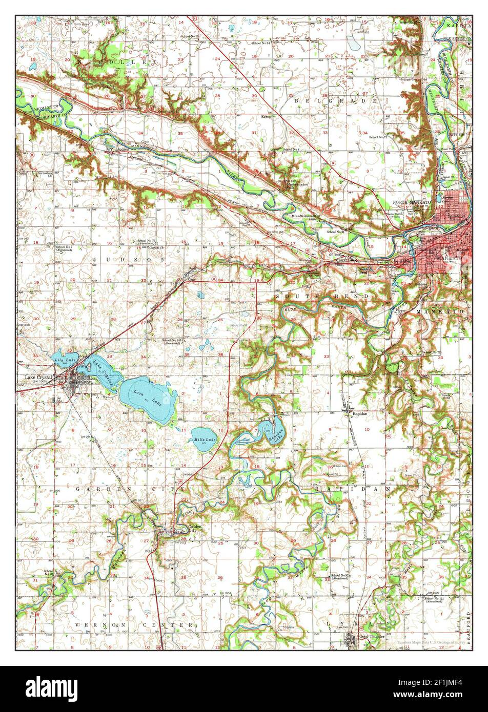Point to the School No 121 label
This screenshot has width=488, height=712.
click(x=433, y=599)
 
